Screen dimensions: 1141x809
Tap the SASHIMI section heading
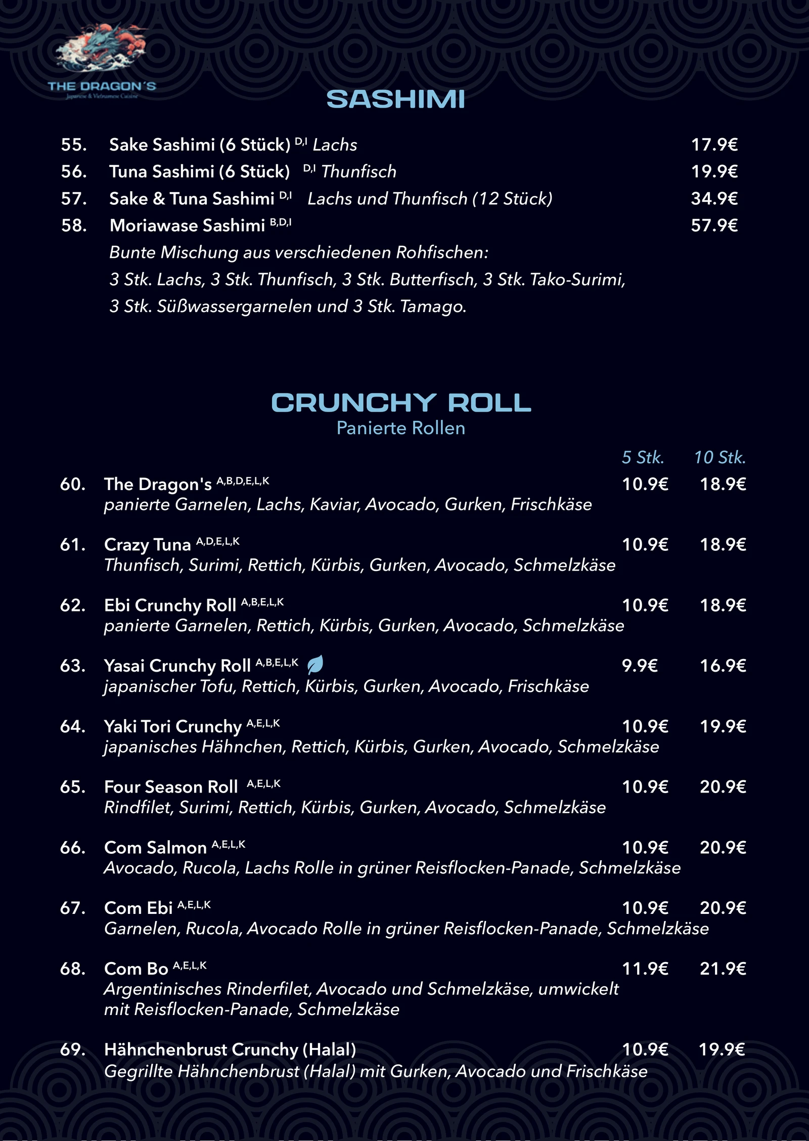click(x=395, y=99)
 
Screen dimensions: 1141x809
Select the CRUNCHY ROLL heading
click(x=401, y=403)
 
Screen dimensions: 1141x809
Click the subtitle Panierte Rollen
click(x=401, y=428)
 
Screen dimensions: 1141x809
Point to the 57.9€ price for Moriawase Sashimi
click(x=714, y=225)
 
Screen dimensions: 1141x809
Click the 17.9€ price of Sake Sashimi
click(x=714, y=145)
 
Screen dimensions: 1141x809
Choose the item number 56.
click(x=74, y=171)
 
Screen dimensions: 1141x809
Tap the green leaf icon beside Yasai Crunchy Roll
click(x=315, y=664)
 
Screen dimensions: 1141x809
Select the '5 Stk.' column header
click(x=642, y=457)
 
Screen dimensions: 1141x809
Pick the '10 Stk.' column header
click(x=720, y=457)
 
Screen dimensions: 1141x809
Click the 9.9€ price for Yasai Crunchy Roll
click(x=640, y=666)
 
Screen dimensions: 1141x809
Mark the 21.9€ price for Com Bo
click(x=723, y=969)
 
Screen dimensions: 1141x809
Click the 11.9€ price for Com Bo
click(x=645, y=969)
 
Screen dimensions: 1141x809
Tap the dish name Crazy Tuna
click(x=147, y=545)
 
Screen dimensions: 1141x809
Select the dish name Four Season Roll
click(x=171, y=787)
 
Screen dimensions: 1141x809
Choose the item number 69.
click(x=73, y=1049)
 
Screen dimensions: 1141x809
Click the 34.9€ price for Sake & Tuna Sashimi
click(x=714, y=198)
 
